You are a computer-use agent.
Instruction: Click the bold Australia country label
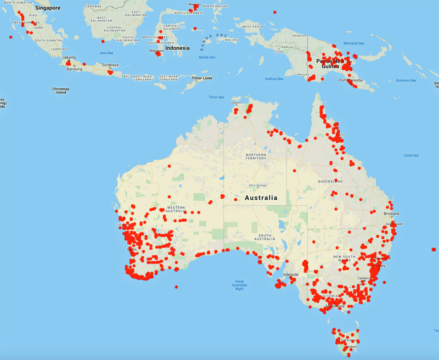(261, 198)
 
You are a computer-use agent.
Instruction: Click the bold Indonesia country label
(177, 48)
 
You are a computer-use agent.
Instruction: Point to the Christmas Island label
(61, 91)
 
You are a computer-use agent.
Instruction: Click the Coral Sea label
(411, 155)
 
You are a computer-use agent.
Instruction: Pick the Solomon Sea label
(406, 81)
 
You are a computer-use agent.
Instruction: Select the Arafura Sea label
(274, 79)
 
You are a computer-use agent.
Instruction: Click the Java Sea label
(106, 53)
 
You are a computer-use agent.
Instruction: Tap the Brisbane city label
(392, 213)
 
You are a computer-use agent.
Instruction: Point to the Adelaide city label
(290, 274)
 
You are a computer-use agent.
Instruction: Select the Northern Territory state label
(255, 157)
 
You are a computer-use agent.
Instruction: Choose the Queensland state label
(330, 181)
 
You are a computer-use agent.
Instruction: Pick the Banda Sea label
(207, 57)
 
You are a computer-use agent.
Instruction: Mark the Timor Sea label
(216, 97)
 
